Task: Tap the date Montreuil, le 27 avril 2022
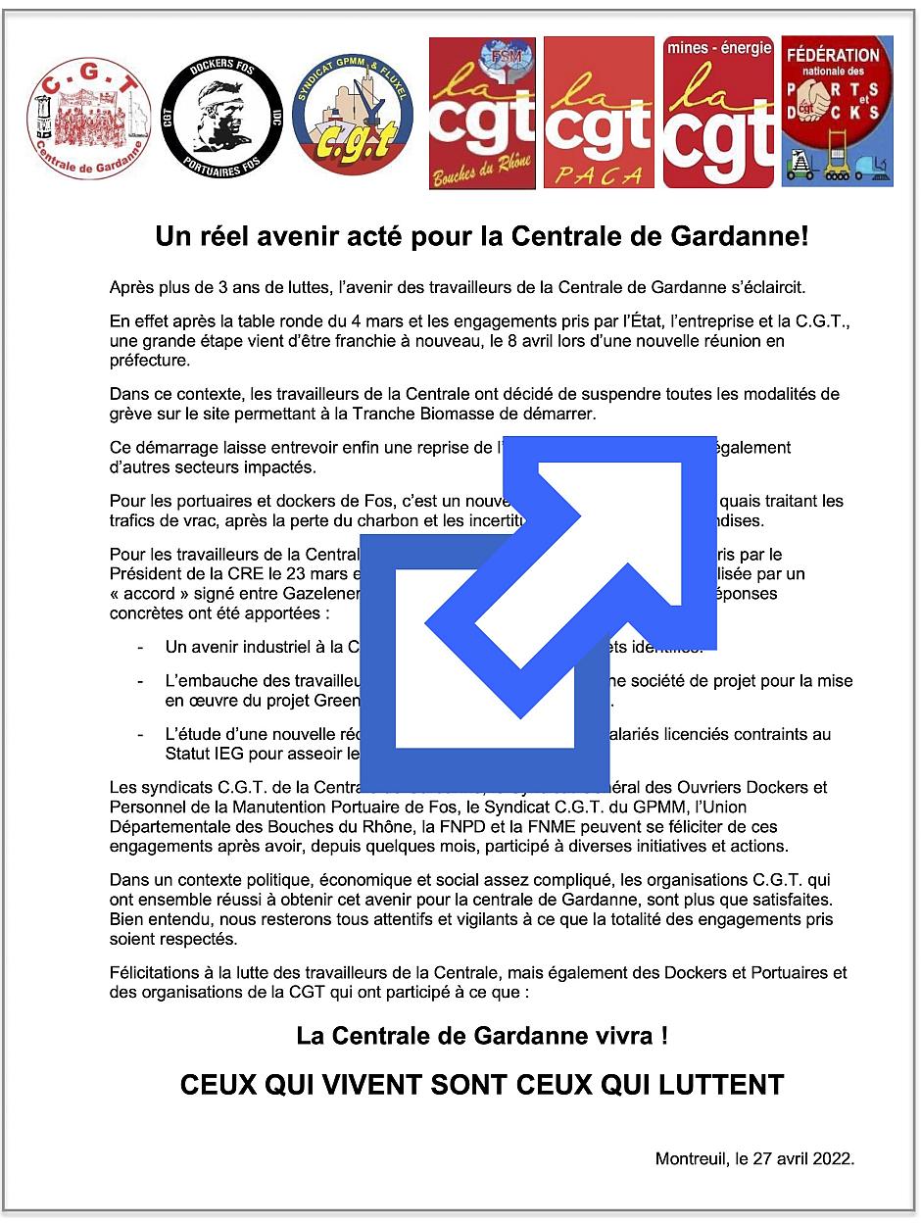click(754, 1158)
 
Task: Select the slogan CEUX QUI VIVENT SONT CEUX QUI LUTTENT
click(482, 1085)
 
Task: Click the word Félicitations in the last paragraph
click(153, 973)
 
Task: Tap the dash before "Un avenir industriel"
click(142, 647)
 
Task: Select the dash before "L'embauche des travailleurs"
click(142, 681)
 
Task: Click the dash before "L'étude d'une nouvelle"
click(142, 735)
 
